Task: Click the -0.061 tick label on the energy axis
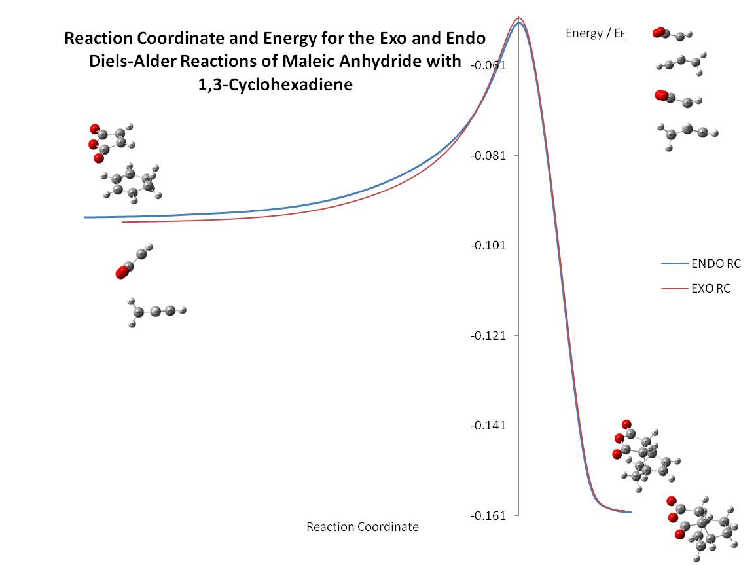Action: (488, 65)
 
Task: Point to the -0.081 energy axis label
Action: (488, 155)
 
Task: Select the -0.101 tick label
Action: (488, 246)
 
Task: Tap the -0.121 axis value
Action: (488, 335)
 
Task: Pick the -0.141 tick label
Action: (488, 426)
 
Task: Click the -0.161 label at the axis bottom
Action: (488, 516)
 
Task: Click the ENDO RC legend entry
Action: (716, 264)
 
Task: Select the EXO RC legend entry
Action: (711, 289)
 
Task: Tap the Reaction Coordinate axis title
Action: (363, 527)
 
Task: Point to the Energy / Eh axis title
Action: (596, 33)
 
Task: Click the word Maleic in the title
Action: (307, 62)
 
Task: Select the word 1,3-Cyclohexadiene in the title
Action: (276, 85)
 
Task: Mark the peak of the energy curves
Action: (519, 19)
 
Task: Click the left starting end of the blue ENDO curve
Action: (84, 217)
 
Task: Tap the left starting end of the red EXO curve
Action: (123, 222)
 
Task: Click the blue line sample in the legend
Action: (675, 264)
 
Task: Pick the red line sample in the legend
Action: (675, 289)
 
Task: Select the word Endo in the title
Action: (466, 38)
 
